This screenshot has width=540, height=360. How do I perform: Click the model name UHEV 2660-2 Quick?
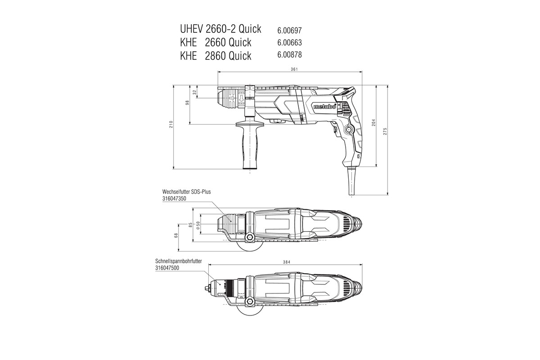click(x=220, y=29)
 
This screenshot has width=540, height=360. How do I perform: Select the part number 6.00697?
click(x=289, y=31)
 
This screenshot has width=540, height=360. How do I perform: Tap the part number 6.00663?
click(x=289, y=43)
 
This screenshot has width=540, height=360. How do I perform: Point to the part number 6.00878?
click(x=289, y=55)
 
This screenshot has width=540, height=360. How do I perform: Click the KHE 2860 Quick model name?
click(x=216, y=55)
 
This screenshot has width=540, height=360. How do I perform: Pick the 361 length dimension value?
click(x=294, y=69)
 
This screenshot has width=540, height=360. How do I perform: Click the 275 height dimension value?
click(x=386, y=131)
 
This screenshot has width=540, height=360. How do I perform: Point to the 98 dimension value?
click(x=187, y=103)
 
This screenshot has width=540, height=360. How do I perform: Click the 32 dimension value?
click(x=194, y=92)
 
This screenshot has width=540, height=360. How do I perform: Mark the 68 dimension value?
click(x=176, y=235)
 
